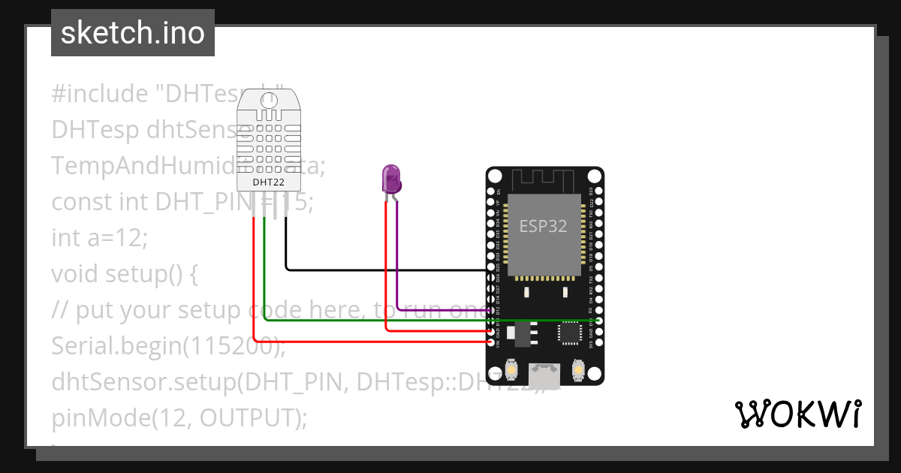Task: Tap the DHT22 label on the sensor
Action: (x=267, y=182)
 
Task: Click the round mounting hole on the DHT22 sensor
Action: (x=267, y=99)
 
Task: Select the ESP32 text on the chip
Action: (x=544, y=226)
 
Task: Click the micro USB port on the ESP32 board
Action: (x=544, y=373)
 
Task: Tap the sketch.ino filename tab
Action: (x=133, y=33)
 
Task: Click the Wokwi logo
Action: (x=797, y=414)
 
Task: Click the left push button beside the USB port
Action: (x=509, y=370)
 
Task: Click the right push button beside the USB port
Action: (x=579, y=370)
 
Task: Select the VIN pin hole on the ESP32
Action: (x=491, y=342)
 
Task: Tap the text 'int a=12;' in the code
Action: (x=100, y=237)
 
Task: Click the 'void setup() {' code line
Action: (x=125, y=274)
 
